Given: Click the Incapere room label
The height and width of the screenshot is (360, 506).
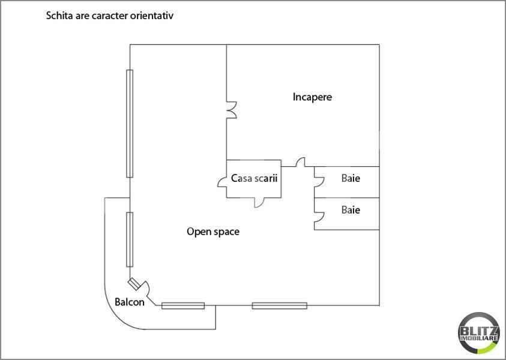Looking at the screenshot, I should (312, 97).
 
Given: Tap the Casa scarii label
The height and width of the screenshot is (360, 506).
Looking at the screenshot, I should (254, 178).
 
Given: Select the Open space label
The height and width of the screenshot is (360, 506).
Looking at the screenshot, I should (213, 231).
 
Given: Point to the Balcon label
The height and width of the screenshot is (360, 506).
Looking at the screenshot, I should (130, 302).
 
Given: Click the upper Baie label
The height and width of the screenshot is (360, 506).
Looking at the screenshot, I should (351, 178).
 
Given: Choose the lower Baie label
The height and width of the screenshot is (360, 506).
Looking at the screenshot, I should (351, 210).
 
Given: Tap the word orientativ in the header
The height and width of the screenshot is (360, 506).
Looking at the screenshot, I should (151, 16).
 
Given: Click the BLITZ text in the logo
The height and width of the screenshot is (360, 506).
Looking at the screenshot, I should (480, 330).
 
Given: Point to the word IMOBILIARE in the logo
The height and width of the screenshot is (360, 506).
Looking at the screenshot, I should (480, 340).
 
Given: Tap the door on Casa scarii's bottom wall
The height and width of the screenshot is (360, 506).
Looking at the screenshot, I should (259, 202).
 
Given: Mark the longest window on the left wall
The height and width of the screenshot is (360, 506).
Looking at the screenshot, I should (129, 123).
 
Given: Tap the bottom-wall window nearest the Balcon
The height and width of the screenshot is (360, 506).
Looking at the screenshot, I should (183, 305).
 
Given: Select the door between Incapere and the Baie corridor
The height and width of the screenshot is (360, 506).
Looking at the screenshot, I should (300, 163).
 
